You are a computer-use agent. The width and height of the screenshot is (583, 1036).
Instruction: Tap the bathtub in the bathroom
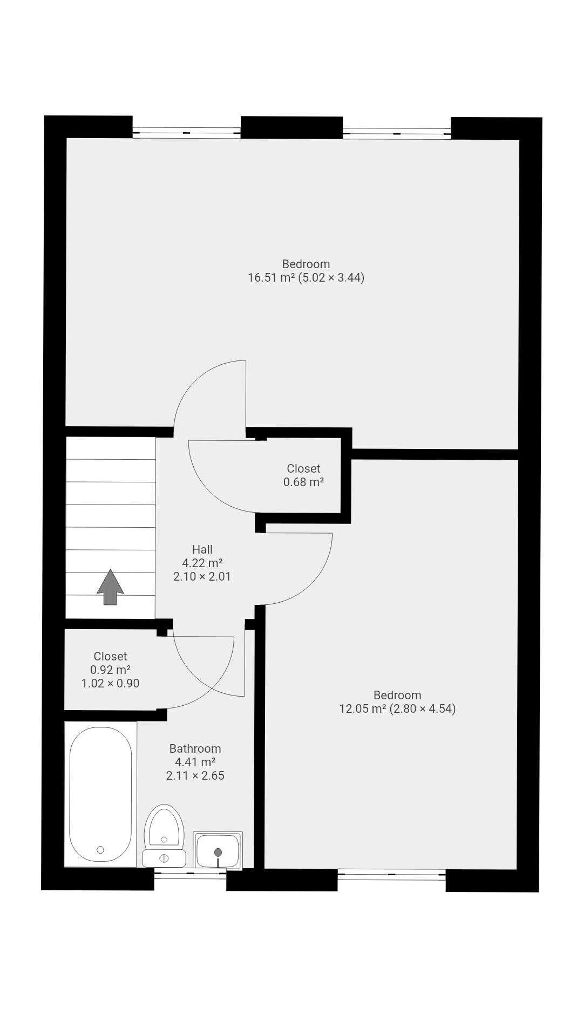100,794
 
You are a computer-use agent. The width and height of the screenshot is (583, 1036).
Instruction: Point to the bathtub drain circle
100,850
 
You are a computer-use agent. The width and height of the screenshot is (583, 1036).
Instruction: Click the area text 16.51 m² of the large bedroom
272,278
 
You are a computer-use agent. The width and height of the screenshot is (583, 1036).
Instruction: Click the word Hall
202,549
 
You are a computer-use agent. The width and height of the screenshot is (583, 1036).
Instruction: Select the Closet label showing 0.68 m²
303,468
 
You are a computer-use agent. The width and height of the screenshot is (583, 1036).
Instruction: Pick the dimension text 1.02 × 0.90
110,683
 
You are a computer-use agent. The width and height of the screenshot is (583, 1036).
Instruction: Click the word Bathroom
195,748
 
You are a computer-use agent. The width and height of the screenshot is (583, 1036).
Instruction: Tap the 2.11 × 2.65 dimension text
195,775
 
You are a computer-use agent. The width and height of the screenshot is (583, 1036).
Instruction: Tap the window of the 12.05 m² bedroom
391,874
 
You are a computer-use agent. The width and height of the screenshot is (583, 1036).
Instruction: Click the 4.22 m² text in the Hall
202,563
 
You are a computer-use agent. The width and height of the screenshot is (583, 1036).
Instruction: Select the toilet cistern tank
164,858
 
